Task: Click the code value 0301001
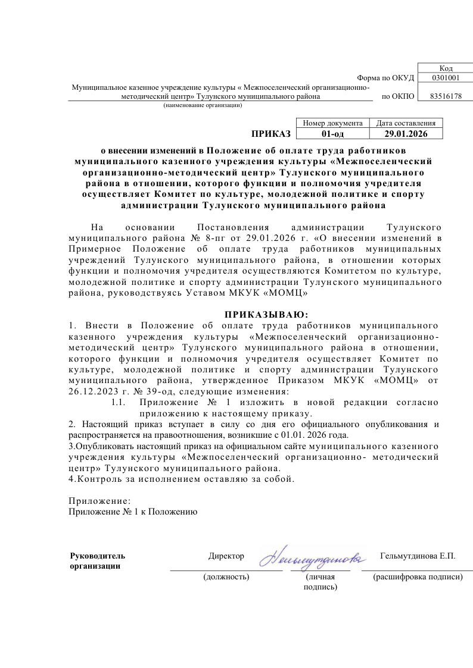446,77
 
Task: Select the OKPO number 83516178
446,96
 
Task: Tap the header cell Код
446,68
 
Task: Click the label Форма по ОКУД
385,78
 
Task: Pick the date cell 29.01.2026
406,133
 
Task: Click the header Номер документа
332,123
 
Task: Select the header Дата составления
406,123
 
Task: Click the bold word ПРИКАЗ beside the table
270,133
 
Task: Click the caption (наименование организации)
203,105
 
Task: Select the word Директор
226,556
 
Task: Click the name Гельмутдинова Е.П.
417,556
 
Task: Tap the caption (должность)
226,576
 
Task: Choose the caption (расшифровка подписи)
417,576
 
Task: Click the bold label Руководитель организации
98,561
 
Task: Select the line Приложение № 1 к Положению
133,511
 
